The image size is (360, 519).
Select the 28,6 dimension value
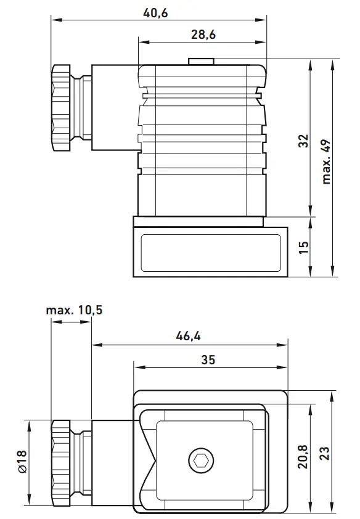click(x=203, y=35)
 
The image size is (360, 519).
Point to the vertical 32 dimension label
click(x=303, y=141)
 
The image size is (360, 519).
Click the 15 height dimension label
click(x=303, y=247)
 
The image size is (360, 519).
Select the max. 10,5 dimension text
click(x=74, y=310)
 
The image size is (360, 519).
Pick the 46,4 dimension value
click(x=189, y=337)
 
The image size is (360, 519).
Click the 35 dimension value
click(x=208, y=360)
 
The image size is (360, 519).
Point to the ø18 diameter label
click(x=22, y=462)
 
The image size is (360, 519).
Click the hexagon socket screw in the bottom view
click(x=200, y=459)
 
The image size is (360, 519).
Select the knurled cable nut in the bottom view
click(x=62, y=459)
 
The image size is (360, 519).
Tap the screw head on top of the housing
click(x=202, y=61)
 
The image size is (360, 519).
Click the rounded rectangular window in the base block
click(x=210, y=252)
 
